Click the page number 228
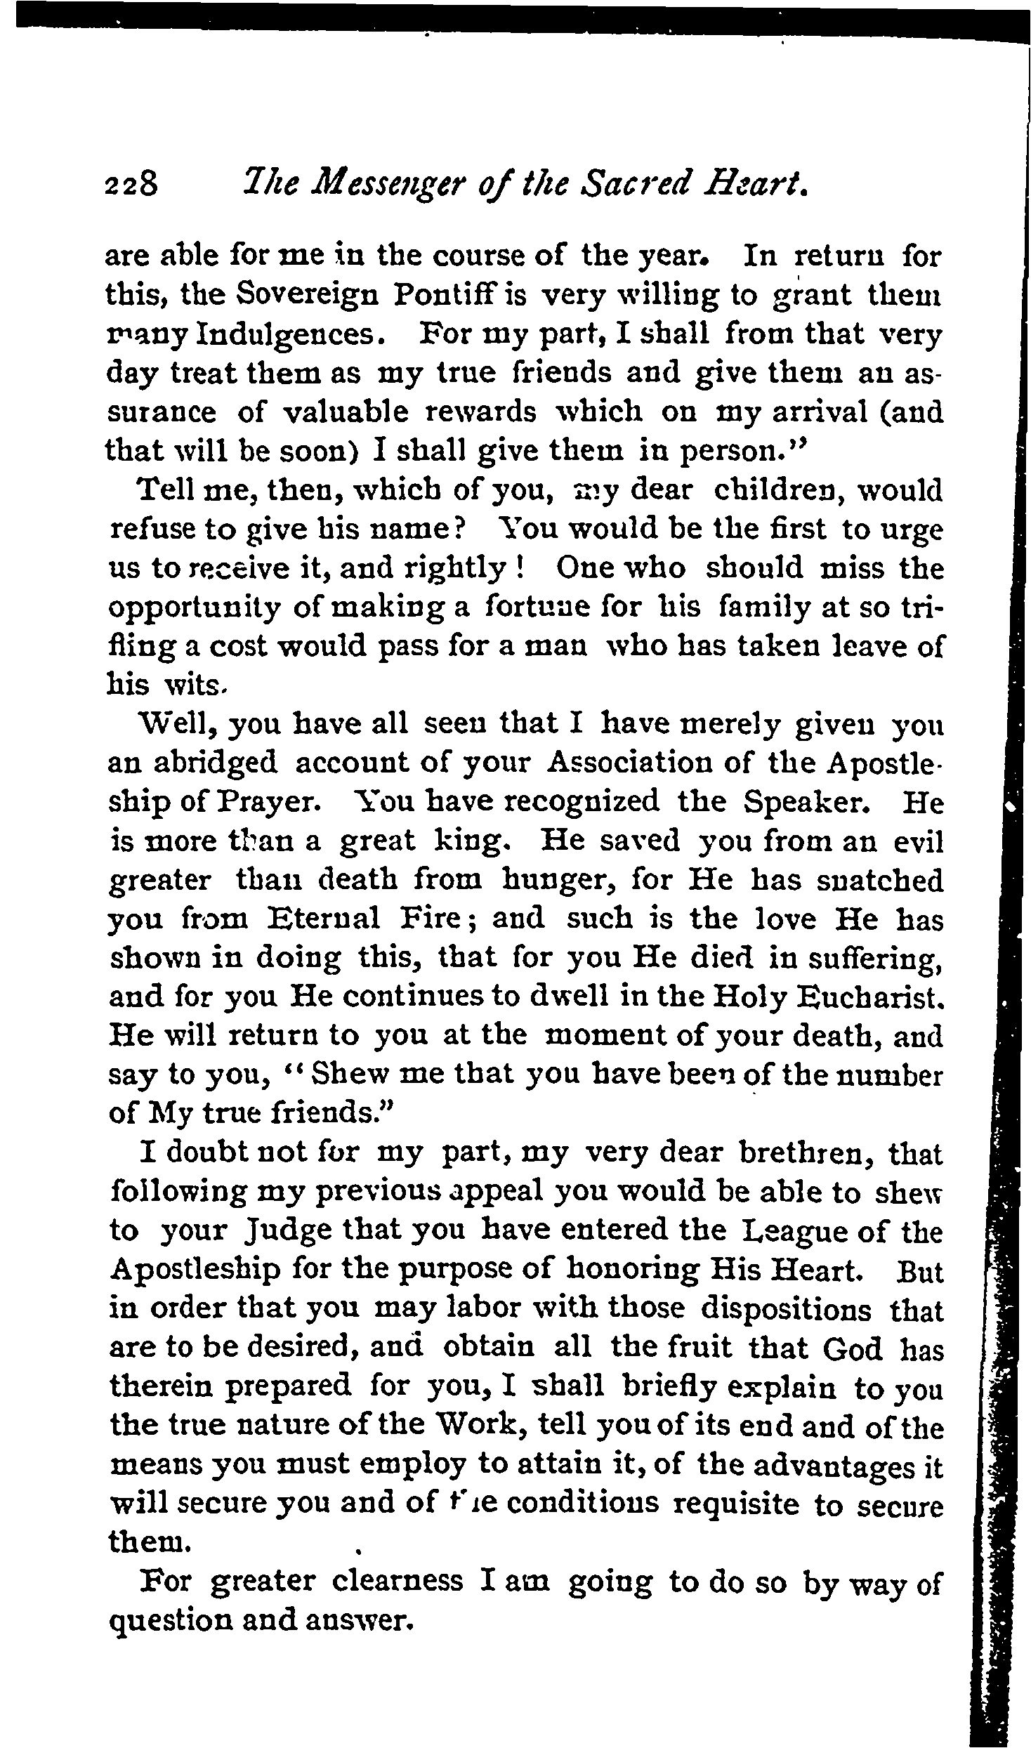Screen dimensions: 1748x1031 [133, 186]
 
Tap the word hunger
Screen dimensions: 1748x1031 [560, 880]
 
